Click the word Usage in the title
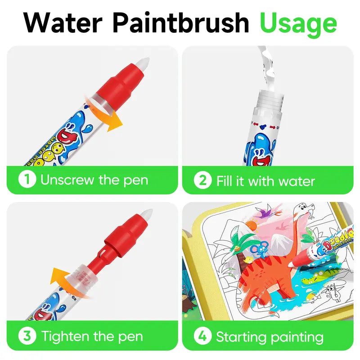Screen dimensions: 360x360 click(x=298, y=23)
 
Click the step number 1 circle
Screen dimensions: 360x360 click(x=27, y=180)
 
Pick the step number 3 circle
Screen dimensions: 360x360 click(x=27, y=336)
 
